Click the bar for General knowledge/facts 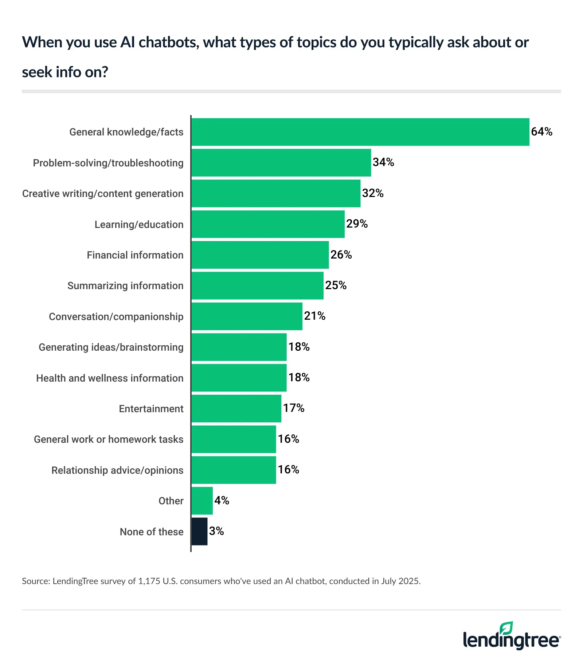(x=360, y=132)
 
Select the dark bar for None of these (x=199, y=531)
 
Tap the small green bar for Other (x=202, y=501)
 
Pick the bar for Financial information (x=260, y=255)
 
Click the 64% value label (x=541, y=131)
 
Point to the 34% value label (x=383, y=162)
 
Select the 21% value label (x=314, y=316)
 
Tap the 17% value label (x=294, y=408)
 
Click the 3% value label (x=216, y=531)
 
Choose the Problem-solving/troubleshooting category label (x=108, y=163)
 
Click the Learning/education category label (x=139, y=224)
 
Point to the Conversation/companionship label (x=116, y=316)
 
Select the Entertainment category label (x=151, y=409)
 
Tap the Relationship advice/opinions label (x=117, y=470)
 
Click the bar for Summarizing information (x=257, y=285)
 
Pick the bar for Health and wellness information (x=239, y=378)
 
